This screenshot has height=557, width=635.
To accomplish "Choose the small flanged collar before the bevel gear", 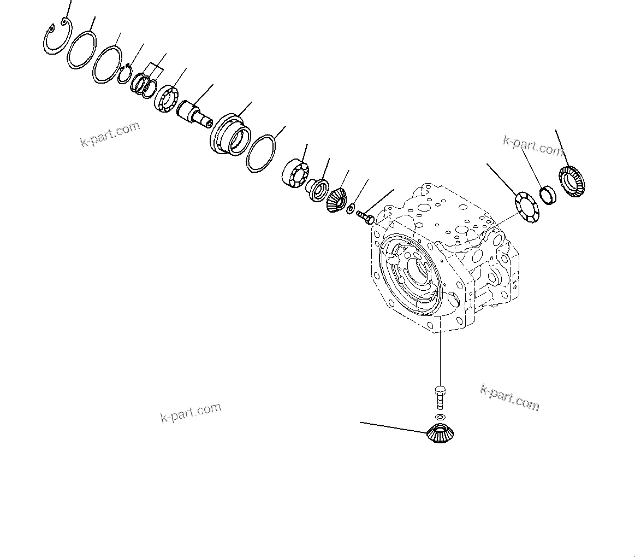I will (317, 189).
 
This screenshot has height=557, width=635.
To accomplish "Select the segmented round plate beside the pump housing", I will (526, 207).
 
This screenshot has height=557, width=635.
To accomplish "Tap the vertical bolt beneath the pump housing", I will (440, 398).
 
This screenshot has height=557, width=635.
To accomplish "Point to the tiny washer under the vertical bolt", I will (440, 417).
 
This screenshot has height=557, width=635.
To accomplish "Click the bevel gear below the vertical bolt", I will (441, 433).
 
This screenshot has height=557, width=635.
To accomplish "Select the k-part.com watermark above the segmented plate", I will (532, 146).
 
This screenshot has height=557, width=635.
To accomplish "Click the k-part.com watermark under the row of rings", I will (110, 134).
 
